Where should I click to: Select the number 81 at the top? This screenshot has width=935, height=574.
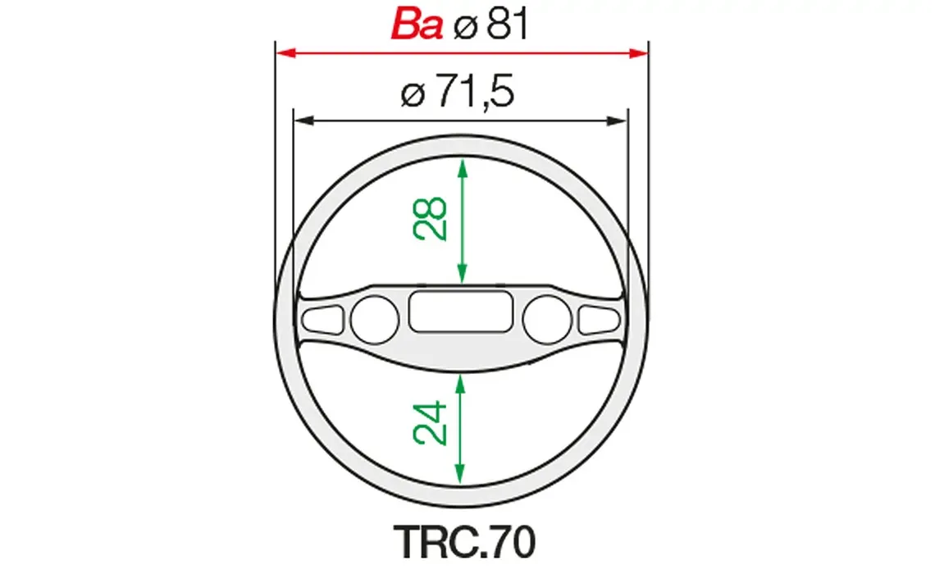(506, 25)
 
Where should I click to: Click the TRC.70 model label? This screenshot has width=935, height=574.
(465, 542)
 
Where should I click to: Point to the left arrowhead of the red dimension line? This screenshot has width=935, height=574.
(284, 53)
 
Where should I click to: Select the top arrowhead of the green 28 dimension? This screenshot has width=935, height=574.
(462, 166)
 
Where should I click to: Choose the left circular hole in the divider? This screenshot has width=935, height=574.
(373, 317)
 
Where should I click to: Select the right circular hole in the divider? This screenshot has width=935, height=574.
(546, 317)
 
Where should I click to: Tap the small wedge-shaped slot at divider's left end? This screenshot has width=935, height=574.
(323, 318)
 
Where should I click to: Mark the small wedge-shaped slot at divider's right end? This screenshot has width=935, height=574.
(599, 318)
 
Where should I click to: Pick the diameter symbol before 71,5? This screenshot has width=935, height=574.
(413, 95)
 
